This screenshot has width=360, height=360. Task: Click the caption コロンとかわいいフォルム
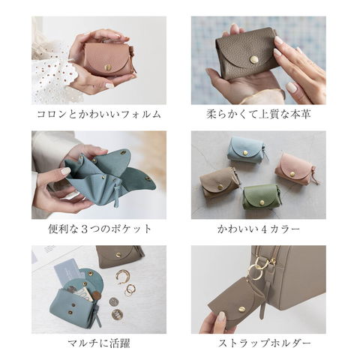tap(99, 114)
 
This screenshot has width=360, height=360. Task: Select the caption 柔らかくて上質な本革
tap(259, 114)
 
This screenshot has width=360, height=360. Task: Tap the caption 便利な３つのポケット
tap(100, 229)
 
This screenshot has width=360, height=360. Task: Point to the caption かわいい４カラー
tap(259, 229)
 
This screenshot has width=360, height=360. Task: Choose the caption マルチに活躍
tap(99, 343)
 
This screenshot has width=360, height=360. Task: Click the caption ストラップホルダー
tap(265, 343)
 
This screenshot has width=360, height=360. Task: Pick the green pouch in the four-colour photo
tap(262, 197)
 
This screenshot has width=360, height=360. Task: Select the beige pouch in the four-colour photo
tap(219, 182)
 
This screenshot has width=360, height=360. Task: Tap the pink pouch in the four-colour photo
tap(295, 169)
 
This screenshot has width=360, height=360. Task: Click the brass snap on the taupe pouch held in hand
tap(254, 59)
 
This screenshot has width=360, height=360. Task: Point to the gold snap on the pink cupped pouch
tap(108, 67)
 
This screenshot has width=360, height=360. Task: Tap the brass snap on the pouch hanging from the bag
tap(242, 309)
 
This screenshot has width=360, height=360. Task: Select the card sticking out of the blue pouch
tap(67, 271)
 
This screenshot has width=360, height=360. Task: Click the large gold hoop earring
tap(122, 277)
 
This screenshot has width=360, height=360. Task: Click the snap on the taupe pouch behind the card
tap(118, 255)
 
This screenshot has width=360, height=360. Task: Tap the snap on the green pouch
tap(262, 202)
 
